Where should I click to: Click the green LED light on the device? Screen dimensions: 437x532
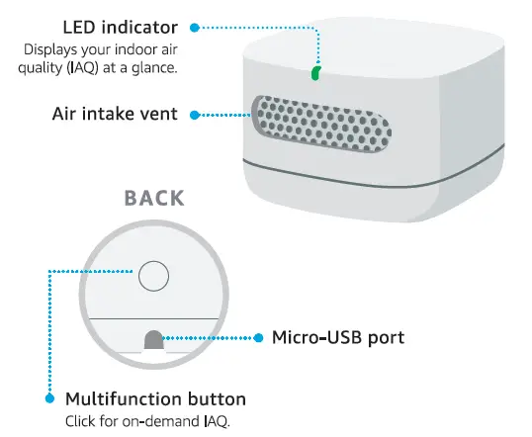pos(316,73)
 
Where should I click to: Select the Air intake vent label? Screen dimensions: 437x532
pos(115,114)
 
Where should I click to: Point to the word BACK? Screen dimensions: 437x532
pos(154,198)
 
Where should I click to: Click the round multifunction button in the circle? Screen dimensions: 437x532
pos(153,276)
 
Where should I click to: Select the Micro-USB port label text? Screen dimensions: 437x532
pos(338,338)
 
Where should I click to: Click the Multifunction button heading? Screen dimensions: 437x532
pos(155,399)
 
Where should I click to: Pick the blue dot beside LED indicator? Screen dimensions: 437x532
pos(195,27)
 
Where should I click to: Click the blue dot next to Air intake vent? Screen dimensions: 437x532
pos(194,115)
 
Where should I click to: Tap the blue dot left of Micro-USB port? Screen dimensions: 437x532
pos(256,338)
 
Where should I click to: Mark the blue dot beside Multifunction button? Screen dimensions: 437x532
pos(49,399)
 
